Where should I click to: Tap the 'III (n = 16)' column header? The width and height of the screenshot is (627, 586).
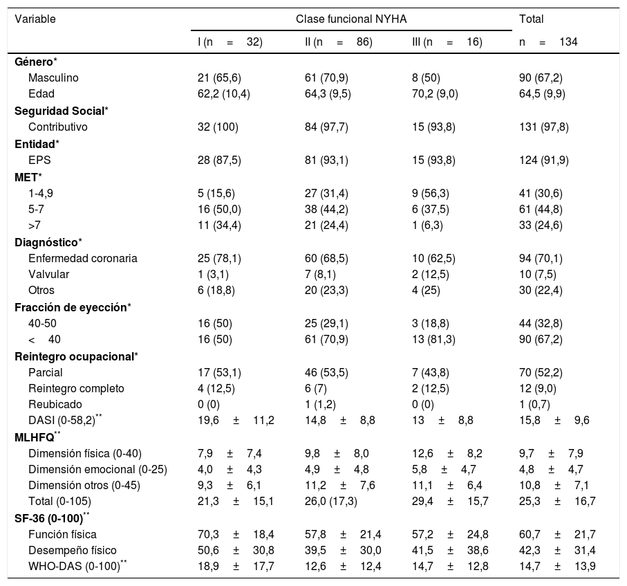pos(447,42)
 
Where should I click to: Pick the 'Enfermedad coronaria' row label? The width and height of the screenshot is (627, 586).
pos(83,259)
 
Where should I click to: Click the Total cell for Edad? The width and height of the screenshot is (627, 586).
pos(542,93)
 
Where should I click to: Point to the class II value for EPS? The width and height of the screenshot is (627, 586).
pos(326,160)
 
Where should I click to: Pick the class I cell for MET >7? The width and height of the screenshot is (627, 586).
pos(218,225)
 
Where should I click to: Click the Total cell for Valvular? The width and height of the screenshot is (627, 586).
pos(536,275)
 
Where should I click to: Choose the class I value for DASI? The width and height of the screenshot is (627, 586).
pos(236,420)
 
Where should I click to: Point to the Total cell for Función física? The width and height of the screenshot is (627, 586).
pos(556,533)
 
